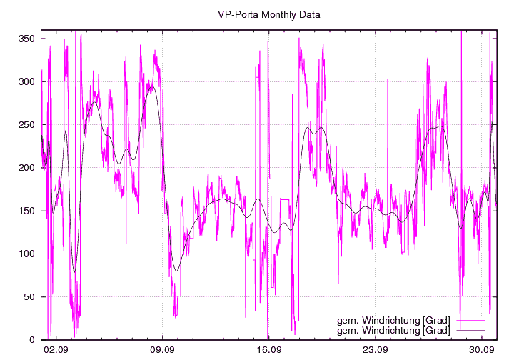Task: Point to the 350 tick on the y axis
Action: point(28,39)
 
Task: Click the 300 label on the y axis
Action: point(28,81)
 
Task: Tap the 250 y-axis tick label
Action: point(28,124)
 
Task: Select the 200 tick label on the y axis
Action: point(28,168)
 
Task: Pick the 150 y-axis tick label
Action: point(28,211)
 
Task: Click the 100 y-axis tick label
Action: point(28,254)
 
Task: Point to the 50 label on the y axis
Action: point(31,296)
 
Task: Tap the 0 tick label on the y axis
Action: point(33,339)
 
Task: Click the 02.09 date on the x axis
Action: point(56,350)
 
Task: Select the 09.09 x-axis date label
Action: point(163,350)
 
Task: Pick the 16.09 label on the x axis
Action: point(269,350)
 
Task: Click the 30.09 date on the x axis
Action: point(483,350)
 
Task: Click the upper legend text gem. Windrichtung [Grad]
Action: point(393,321)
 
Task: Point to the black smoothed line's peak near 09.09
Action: point(151,86)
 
